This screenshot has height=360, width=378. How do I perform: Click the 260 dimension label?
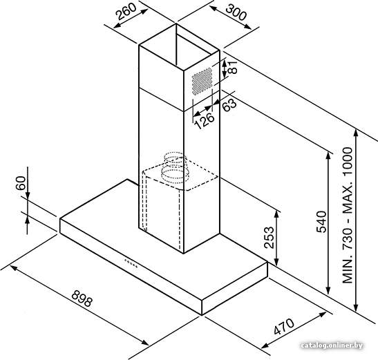point(126,11)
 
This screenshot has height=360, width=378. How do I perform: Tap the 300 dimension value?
point(236,12)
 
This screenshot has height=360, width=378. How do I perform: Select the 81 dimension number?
point(233,67)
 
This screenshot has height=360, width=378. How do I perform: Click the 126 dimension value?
point(204,120)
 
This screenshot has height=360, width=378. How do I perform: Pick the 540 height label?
point(321,222)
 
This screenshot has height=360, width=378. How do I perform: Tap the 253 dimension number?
point(269,238)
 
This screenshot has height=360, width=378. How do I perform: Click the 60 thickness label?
point(21,183)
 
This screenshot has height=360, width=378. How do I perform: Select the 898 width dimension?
point(82,299)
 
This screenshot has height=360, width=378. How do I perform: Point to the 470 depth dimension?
point(284,327)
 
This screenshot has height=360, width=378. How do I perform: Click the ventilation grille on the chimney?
point(202,81)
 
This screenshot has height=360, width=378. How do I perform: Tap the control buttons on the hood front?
point(131,263)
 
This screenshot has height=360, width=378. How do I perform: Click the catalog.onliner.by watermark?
point(332,345)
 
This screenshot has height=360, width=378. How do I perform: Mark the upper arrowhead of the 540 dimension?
point(328,155)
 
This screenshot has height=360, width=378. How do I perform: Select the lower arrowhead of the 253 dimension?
point(276,261)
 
